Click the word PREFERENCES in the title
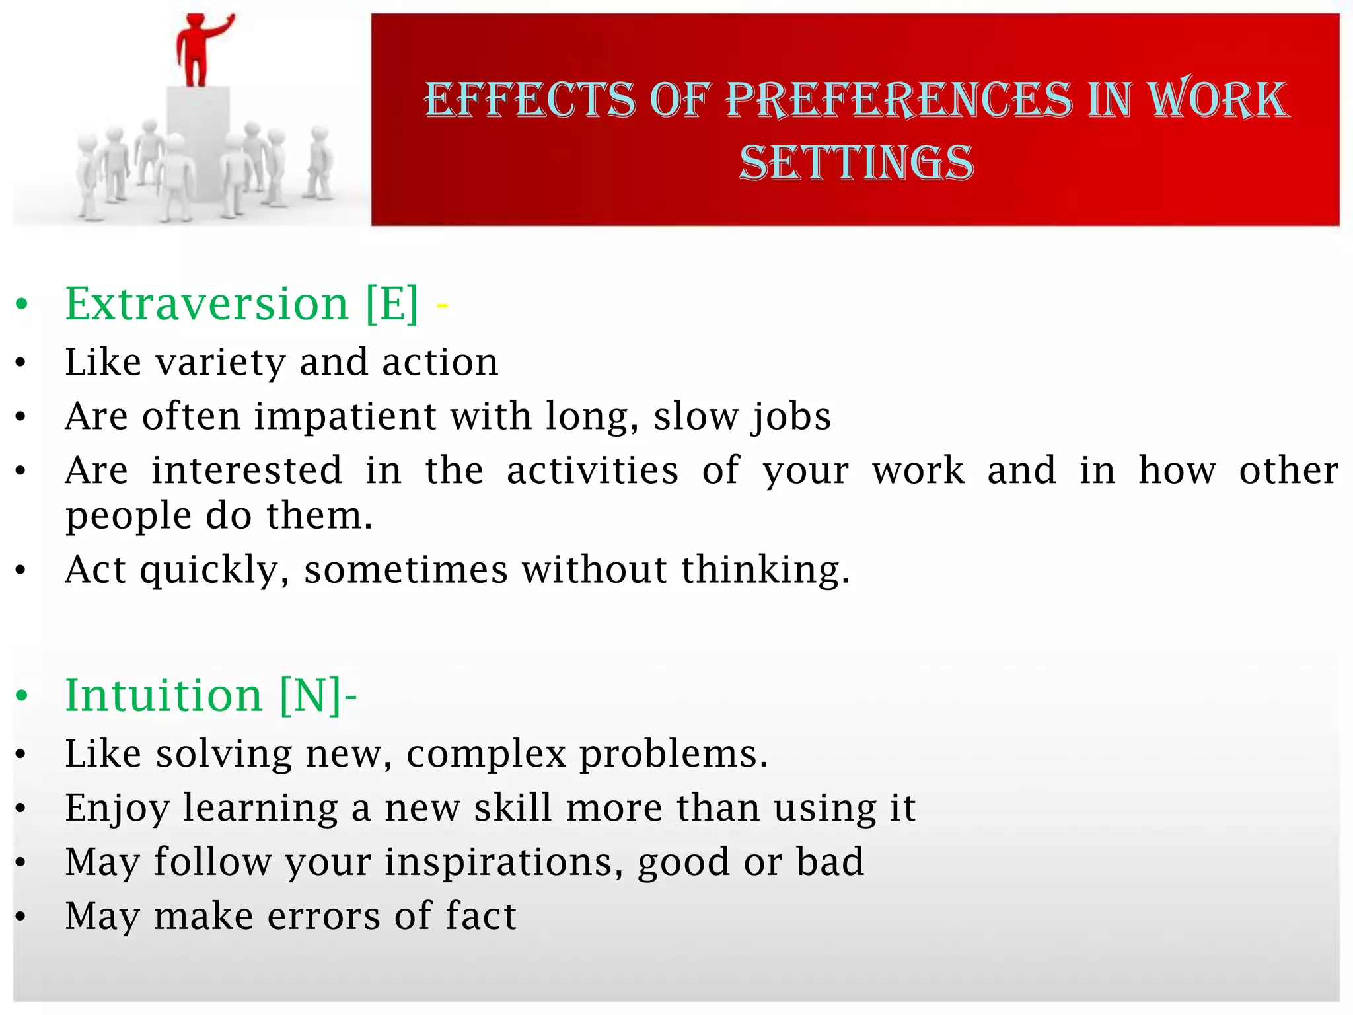click(x=898, y=100)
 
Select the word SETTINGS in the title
click(x=856, y=163)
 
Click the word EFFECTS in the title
click(x=529, y=100)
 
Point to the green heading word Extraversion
click(x=206, y=304)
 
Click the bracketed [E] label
click(x=392, y=304)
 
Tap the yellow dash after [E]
click(x=442, y=305)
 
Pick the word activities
click(x=592, y=470)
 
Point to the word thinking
click(x=765, y=570)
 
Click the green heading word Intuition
click(x=164, y=696)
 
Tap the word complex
click(x=486, y=754)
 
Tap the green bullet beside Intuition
click(x=22, y=696)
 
